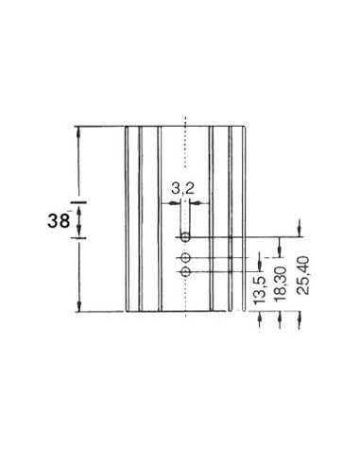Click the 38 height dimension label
[x=57, y=222]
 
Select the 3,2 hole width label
[x=183, y=189]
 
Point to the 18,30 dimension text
[x=279, y=284]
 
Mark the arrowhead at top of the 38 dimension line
[x=79, y=129]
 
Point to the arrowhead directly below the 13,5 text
[x=259, y=319]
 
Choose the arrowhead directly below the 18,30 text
[x=279, y=319]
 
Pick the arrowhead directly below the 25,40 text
[x=300, y=319]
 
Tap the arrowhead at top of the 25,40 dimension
[x=300, y=227]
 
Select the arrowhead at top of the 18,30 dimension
[x=279, y=248]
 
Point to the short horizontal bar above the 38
[x=79, y=202]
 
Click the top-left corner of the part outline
[x=126, y=126]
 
